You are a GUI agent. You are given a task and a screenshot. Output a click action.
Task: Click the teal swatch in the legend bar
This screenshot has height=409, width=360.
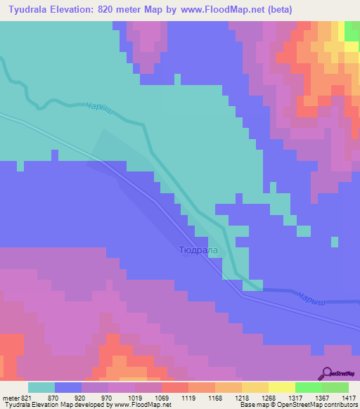tap(41, 387)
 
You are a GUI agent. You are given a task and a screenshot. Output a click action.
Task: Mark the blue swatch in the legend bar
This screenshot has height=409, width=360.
tap(67, 387)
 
